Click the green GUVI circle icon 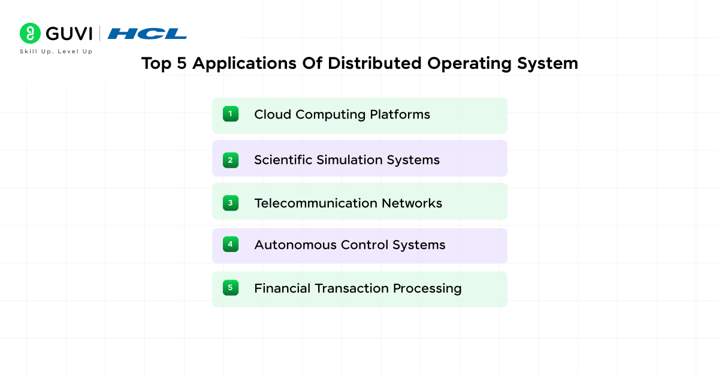[x=30, y=34]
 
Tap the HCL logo [x=147, y=34]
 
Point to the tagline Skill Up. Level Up [x=56, y=51]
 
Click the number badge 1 [x=231, y=114]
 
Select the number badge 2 [x=231, y=160]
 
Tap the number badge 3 [x=231, y=203]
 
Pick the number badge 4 [x=231, y=244]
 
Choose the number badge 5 [x=231, y=288]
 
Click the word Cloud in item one [x=272, y=114]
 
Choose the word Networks [x=412, y=203]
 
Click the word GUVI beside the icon [x=68, y=34]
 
